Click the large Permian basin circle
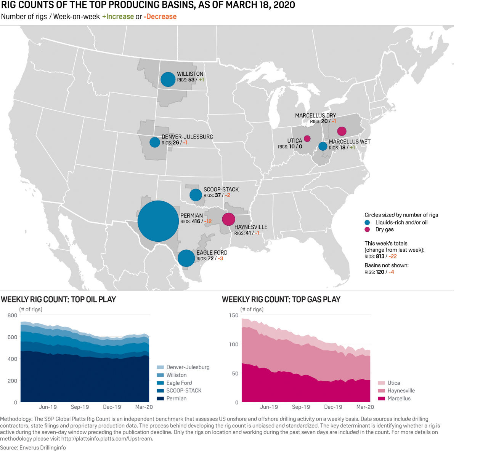(x=158, y=221)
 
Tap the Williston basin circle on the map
(x=168, y=80)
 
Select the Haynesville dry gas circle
(x=228, y=219)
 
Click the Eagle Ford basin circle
(x=186, y=258)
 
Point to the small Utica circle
(x=307, y=139)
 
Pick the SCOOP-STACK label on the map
(x=221, y=190)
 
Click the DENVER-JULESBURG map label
(x=187, y=137)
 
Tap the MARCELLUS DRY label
(x=315, y=116)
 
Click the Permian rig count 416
(x=196, y=222)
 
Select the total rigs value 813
(x=380, y=257)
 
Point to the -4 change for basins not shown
(x=391, y=272)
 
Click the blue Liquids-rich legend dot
(x=367, y=222)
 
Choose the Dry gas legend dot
(x=367, y=229)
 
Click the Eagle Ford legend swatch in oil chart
(x=161, y=383)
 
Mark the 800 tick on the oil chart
(x=13, y=315)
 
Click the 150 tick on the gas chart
(x=234, y=315)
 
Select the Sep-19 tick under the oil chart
(x=80, y=407)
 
